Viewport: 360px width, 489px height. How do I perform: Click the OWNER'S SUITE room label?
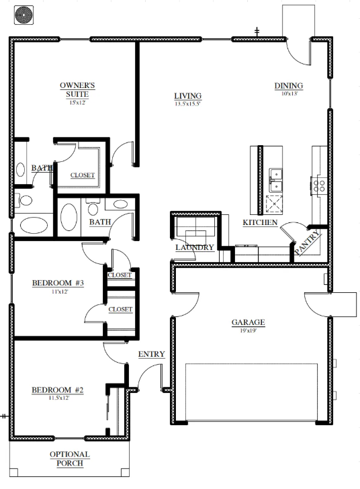point(77,89)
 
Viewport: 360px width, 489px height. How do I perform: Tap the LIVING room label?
point(187,96)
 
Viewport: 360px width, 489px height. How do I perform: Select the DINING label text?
point(289,85)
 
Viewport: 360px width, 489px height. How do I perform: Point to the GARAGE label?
point(248,322)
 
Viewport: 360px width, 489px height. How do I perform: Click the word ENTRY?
point(151,354)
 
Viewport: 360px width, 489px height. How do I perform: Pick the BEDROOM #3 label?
point(58,283)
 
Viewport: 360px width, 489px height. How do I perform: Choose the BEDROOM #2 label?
point(58,390)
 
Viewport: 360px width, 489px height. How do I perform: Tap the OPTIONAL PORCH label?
point(70,459)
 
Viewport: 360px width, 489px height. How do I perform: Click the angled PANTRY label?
point(308,242)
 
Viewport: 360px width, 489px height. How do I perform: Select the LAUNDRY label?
point(195,247)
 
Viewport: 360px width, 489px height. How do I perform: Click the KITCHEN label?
point(260,222)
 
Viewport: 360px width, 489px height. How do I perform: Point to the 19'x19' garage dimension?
point(248,330)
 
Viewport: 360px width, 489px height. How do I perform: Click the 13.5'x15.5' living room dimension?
point(187,104)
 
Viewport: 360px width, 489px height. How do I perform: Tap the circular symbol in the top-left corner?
point(24,15)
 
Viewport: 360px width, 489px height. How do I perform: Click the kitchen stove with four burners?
point(319,186)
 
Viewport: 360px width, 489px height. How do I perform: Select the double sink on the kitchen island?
point(276,181)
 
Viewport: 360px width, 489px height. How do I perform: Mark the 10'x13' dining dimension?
point(289,93)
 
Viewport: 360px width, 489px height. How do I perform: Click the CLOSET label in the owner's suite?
point(83,175)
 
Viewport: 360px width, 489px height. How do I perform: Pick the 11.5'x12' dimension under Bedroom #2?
point(59,398)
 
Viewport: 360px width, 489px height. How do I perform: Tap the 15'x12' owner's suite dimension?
point(77,103)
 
